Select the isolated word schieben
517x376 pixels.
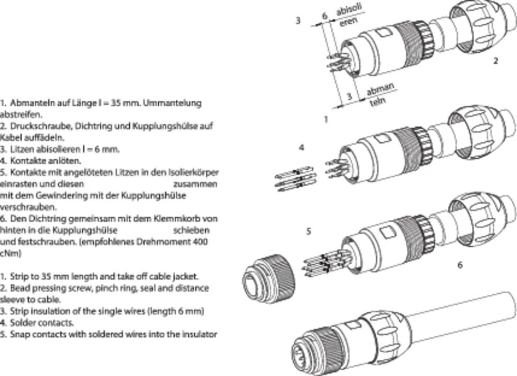click(x=195, y=230)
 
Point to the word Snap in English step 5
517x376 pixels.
click(x=19, y=335)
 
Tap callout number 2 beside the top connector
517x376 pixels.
click(x=495, y=61)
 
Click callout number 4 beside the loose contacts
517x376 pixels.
click(x=301, y=147)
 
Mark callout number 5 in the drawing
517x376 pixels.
click(x=309, y=231)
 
